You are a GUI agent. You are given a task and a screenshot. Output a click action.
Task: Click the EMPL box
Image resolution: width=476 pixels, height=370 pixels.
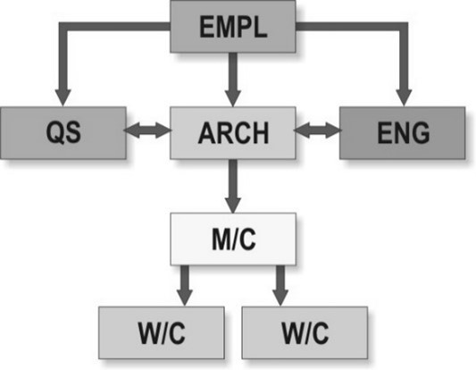point(233,27)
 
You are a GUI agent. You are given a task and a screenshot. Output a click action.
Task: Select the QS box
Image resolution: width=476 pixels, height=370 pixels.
point(63,133)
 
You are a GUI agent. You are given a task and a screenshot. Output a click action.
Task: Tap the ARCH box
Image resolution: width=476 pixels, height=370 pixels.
point(233,133)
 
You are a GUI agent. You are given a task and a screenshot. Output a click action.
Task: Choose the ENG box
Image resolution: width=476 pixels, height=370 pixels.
point(402,133)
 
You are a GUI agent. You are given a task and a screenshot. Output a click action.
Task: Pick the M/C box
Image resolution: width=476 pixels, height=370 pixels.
point(233,240)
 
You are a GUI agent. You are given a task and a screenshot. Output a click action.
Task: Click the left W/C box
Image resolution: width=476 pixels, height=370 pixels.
point(161,332)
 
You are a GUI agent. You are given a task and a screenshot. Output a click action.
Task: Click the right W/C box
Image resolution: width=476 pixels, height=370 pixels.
point(305,332)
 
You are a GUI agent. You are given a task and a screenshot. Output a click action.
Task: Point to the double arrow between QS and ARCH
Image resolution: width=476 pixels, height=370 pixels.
point(148,130)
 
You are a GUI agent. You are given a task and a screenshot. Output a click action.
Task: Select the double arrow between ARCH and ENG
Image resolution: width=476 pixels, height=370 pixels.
point(318,130)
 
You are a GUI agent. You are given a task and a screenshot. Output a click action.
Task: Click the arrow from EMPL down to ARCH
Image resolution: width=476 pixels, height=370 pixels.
point(233,80)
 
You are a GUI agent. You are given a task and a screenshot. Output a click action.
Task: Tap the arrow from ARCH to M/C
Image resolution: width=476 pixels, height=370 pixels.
point(233,186)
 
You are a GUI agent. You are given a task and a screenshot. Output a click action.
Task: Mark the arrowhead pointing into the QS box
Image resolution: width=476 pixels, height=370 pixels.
point(63,97)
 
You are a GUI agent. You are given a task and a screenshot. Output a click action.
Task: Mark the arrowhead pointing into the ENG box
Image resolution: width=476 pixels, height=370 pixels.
point(404,97)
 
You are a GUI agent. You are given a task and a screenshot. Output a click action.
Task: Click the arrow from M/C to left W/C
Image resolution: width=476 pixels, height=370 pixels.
point(185,286)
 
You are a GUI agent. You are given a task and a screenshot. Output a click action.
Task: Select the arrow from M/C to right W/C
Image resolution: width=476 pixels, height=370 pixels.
point(280,286)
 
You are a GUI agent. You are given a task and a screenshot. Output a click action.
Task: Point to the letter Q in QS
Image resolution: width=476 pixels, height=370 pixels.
point(55,132)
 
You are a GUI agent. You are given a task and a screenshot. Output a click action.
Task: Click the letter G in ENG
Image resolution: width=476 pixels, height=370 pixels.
point(420,132)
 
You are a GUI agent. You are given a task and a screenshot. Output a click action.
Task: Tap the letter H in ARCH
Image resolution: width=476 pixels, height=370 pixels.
point(260,133)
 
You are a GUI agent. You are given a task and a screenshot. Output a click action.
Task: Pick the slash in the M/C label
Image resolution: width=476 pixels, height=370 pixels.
point(233,240)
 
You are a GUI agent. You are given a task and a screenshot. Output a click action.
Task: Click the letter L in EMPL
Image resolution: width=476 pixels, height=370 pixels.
point(261,27)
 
